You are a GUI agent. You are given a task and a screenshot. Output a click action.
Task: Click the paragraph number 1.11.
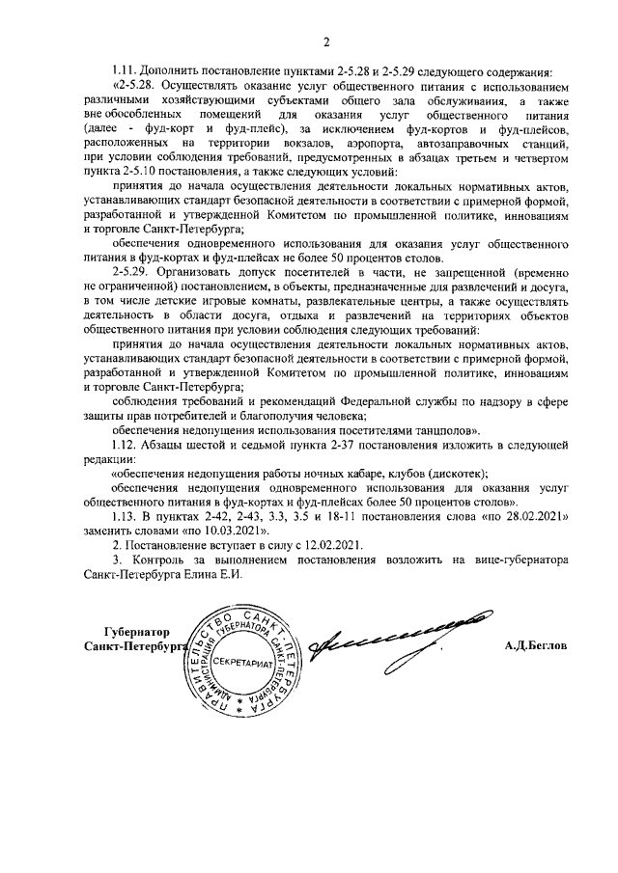coord(126,71)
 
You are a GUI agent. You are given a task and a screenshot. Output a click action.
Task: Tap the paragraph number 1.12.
coord(126,444)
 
